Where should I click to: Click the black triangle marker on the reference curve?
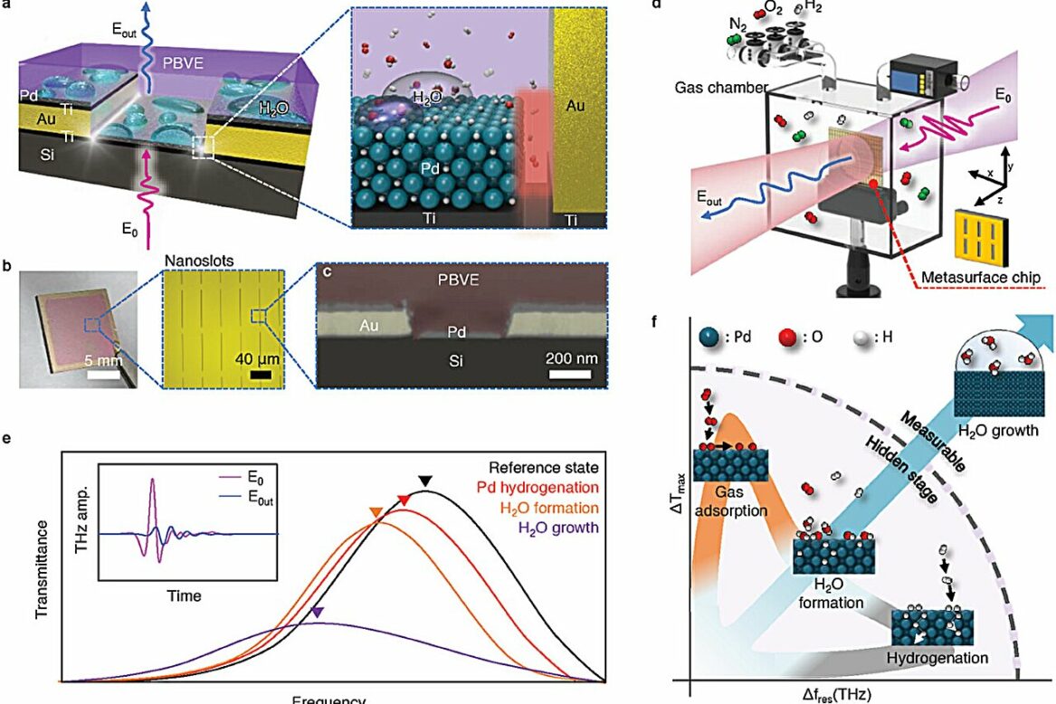tap(426, 480)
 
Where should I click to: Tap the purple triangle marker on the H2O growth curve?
tap(317, 614)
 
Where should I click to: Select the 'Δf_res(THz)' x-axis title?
tap(850, 693)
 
